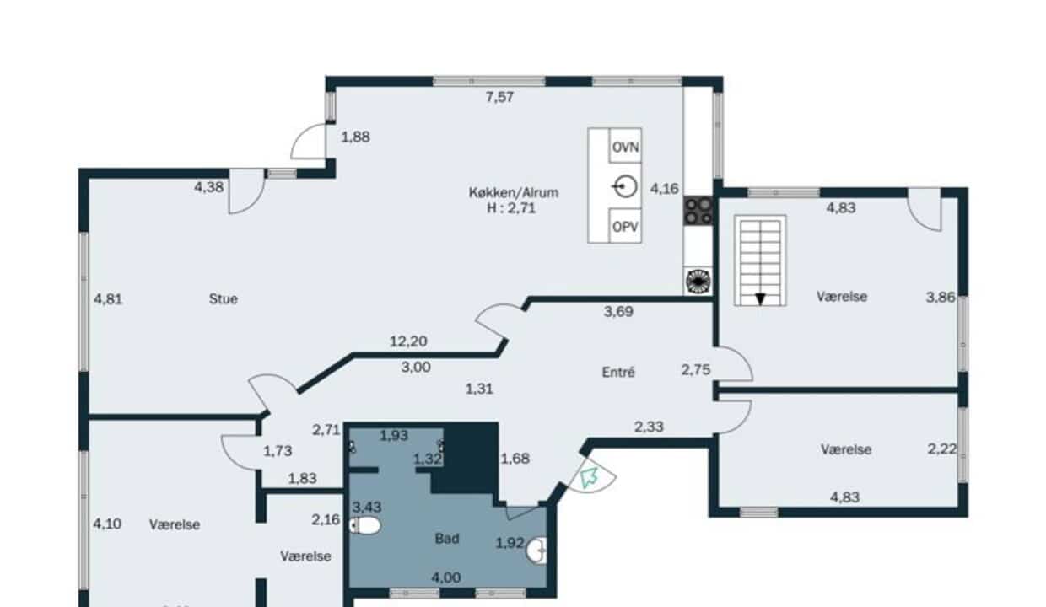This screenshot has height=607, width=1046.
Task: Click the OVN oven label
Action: (x=625, y=148)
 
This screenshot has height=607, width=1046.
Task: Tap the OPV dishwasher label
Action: (x=625, y=227)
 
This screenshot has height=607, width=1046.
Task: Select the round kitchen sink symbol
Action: (x=625, y=186)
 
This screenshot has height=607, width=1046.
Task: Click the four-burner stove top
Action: (x=698, y=211)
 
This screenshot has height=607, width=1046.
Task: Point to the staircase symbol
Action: (x=760, y=261)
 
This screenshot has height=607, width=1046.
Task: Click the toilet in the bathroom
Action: (x=364, y=526)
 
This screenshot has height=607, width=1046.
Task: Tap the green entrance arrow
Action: (x=590, y=478)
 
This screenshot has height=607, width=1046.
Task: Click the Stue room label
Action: (x=224, y=299)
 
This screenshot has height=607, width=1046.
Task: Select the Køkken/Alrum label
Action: (x=514, y=193)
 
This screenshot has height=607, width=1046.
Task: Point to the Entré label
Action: (x=618, y=373)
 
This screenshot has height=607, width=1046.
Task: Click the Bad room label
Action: (x=447, y=539)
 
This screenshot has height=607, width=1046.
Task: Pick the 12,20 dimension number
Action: (x=408, y=341)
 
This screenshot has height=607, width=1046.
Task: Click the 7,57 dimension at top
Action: (x=499, y=97)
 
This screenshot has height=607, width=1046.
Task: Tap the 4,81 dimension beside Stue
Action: (x=108, y=299)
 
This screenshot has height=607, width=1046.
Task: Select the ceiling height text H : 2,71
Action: (x=511, y=208)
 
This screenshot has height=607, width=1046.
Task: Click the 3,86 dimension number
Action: (x=941, y=298)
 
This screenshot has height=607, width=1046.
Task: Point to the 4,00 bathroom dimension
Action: (x=446, y=577)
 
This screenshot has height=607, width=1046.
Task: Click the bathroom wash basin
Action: (x=536, y=551)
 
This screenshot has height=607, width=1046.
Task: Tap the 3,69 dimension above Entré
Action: (x=618, y=312)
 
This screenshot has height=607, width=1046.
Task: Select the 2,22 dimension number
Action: (x=942, y=449)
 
